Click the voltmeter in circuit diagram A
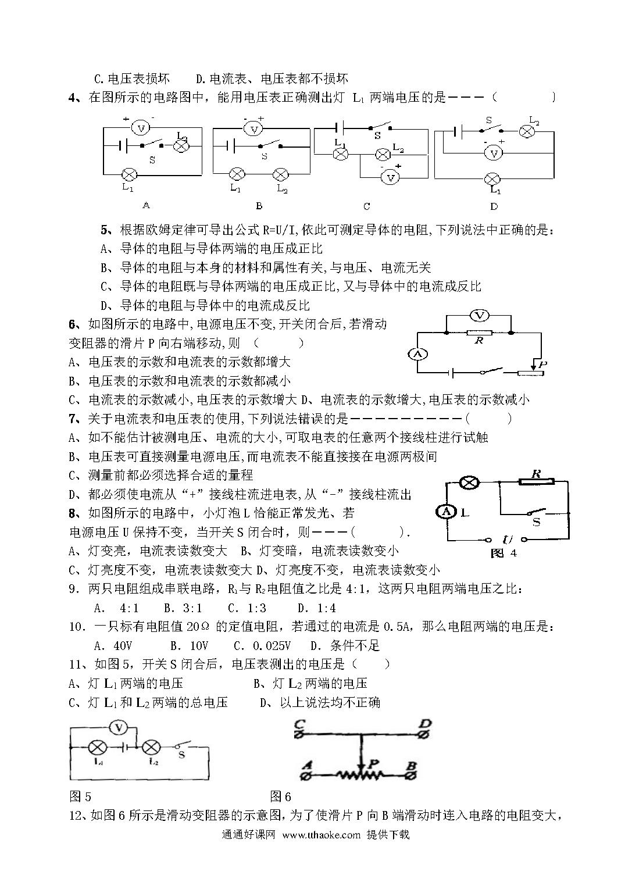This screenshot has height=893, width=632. tap(140, 128)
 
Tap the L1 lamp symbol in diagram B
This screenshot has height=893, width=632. tap(237, 174)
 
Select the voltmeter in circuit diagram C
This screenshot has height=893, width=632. tap(390, 178)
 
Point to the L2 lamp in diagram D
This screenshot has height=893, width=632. tap(526, 131)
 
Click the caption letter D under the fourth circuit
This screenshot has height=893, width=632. tap(494, 206)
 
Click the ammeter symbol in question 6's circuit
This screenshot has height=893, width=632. tap(417, 354)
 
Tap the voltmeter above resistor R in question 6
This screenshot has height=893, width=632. tap(479, 316)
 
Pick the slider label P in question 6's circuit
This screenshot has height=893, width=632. tap(542, 364)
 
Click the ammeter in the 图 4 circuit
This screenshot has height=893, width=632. tap(446, 512)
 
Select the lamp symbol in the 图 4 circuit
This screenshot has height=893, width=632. tap(469, 483)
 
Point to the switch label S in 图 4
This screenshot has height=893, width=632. tap(536, 522)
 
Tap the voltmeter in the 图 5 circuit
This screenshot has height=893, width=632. tap(118, 728)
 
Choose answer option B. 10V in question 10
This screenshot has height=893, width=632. tap(189, 645)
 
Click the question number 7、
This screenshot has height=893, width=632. tap(76, 419)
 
